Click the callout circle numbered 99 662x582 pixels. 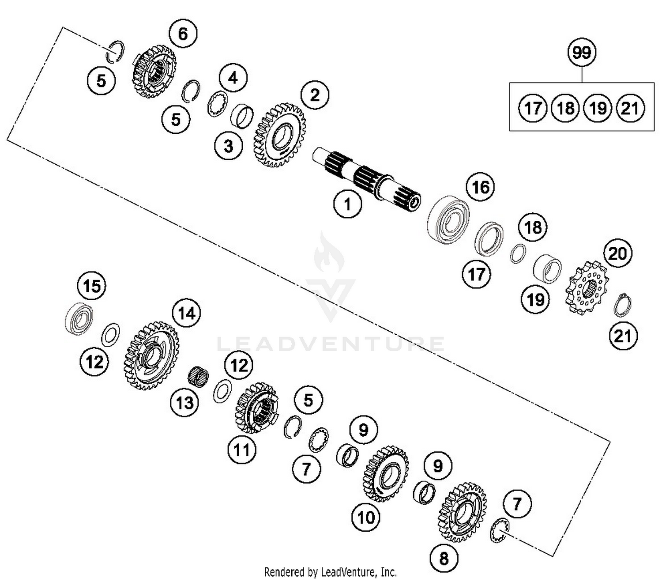coord(582,53)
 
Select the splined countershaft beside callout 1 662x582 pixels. coord(366,179)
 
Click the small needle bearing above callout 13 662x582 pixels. coord(198,377)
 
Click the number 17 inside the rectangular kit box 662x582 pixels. coord(533,108)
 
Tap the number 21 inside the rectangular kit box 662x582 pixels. coord(630,108)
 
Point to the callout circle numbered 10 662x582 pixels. coord(366,517)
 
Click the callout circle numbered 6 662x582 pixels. coord(183,34)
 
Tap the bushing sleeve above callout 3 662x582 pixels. coord(242,115)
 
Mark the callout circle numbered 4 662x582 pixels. coord(233,78)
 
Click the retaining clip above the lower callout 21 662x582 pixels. coord(622,305)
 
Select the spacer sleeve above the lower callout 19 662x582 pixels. coord(547,269)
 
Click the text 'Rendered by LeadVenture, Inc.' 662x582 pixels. coord(330,572)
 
